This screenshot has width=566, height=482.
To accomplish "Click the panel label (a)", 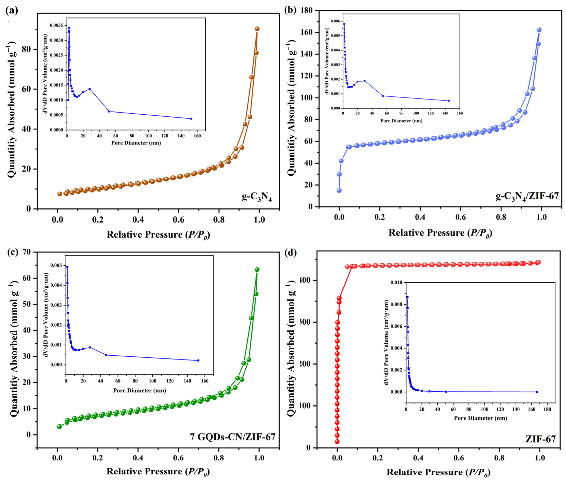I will (x=12, y=11).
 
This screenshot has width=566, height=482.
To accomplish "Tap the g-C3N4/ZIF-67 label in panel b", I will (x=527, y=196).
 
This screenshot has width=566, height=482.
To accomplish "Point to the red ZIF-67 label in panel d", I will (x=541, y=439).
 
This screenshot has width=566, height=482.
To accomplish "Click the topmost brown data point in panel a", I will (x=257, y=29).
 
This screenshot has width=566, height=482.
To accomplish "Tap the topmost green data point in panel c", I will (x=257, y=269).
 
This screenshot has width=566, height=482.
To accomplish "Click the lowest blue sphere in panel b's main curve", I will (x=339, y=190).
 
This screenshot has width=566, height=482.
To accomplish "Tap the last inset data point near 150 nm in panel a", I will (x=191, y=119).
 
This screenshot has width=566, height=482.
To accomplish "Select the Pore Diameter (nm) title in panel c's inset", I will (x=139, y=390).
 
